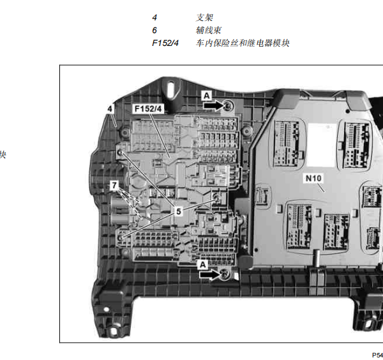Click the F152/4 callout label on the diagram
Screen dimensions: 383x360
tap(148, 109)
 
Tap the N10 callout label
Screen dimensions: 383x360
tap(313, 178)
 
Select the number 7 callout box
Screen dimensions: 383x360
tap(114, 185)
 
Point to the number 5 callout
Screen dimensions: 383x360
tap(179, 211)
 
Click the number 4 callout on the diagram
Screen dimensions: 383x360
tap(110, 109)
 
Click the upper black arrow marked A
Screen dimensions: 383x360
tap(213, 106)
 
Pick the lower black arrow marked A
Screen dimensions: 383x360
tap(209, 274)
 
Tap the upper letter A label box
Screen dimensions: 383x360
tap(207, 96)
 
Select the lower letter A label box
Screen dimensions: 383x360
tap(203, 265)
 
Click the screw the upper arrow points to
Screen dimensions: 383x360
tap(229, 106)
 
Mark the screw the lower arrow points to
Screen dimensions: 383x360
tap(225, 274)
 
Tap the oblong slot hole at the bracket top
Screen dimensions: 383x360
tap(171, 91)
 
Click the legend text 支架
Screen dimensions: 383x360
tap(204, 18)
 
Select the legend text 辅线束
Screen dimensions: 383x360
tap(209, 30)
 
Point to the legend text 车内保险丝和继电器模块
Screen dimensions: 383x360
tap(243, 43)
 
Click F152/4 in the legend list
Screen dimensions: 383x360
tap(165, 43)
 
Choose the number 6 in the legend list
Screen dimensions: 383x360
tap(154, 30)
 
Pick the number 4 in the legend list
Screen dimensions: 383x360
tap(154, 18)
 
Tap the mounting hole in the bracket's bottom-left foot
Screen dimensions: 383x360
tap(114, 332)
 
